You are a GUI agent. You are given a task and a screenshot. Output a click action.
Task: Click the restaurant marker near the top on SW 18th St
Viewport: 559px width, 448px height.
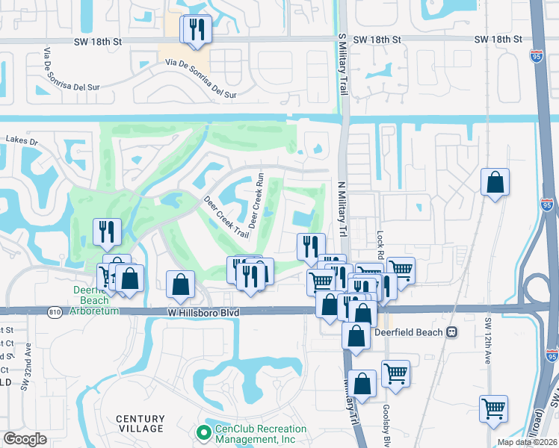point(197,31)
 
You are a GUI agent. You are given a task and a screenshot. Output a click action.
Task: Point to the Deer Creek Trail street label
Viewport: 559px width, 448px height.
point(226,217)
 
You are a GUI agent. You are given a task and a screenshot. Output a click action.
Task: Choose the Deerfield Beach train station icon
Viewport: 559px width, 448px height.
point(451,332)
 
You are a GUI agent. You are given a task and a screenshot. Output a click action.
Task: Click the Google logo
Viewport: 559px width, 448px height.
point(25,439)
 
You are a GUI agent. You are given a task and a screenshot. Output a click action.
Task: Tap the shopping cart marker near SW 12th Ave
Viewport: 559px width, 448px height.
point(493,409)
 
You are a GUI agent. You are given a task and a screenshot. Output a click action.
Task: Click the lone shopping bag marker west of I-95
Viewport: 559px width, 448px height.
point(495,182)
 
